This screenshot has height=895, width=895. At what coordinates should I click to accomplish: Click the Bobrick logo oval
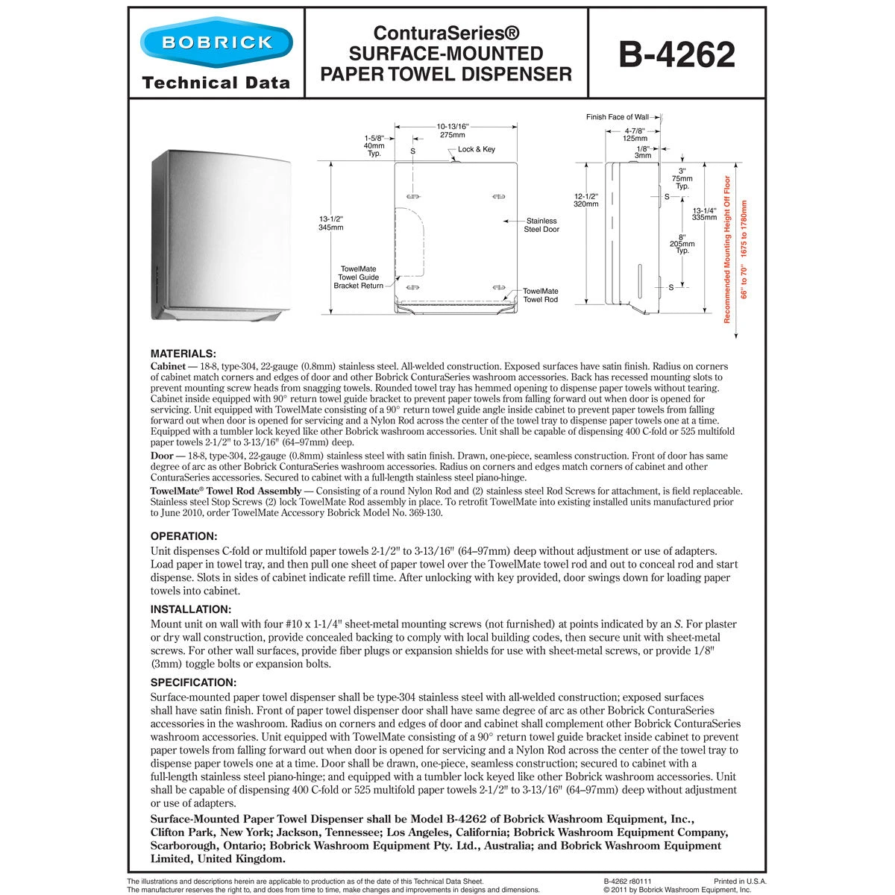click(x=216, y=42)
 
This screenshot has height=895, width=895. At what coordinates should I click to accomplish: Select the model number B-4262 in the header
click(x=676, y=54)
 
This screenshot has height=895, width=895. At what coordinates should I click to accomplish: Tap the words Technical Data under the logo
click(x=216, y=83)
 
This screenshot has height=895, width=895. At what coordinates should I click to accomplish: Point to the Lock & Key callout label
click(x=476, y=150)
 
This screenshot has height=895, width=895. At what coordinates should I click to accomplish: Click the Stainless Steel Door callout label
click(x=541, y=224)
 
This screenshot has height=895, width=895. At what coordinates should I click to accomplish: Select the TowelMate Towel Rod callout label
click(x=540, y=295)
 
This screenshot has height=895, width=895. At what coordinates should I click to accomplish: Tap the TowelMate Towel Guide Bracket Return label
click(x=358, y=277)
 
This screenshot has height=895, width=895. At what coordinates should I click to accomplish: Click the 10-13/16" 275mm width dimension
click(x=452, y=131)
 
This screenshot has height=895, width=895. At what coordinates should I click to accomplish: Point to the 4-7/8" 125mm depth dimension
click(x=635, y=134)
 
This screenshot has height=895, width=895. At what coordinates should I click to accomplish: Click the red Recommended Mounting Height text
click(x=728, y=249)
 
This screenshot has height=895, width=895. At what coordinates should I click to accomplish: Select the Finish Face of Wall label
click(x=617, y=117)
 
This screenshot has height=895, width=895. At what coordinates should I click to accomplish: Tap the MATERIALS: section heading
click(x=183, y=354)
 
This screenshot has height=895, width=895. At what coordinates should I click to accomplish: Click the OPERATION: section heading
click(x=184, y=536)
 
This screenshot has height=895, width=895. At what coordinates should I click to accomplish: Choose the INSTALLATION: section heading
click(x=191, y=609)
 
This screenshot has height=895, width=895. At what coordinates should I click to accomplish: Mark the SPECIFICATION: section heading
click(x=193, y=682)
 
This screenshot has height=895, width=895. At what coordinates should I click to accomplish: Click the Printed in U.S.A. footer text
click(x=740, y=881)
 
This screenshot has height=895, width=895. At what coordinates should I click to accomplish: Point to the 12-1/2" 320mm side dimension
click(x=587, y=199)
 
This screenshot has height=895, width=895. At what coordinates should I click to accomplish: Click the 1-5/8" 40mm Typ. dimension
click(x=374, y=145)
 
